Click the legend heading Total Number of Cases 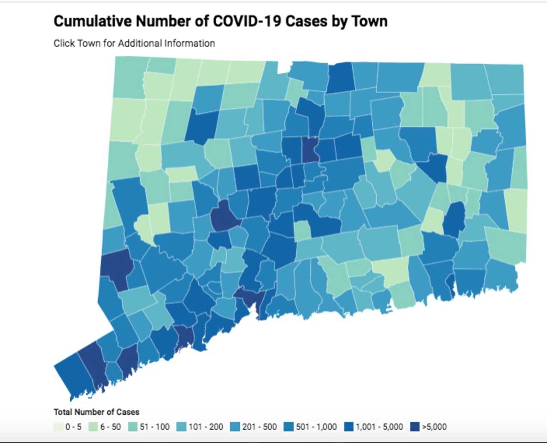(96, 412)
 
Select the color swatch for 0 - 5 (58, 427)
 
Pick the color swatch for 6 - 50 (93, 427)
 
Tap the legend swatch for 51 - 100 (133, 427)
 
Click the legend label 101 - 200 (206, 427)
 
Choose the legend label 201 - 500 (259, 427)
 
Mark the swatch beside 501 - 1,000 (290, 427)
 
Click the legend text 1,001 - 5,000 (379, 427)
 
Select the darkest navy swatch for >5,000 (415, 427)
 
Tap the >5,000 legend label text (434, 427)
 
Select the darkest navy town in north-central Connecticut (310, 150)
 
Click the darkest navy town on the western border (116, 265)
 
